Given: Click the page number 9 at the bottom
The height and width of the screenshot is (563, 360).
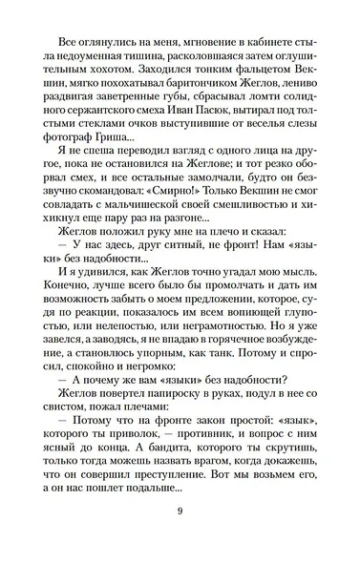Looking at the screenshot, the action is [x=180, y=534].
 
